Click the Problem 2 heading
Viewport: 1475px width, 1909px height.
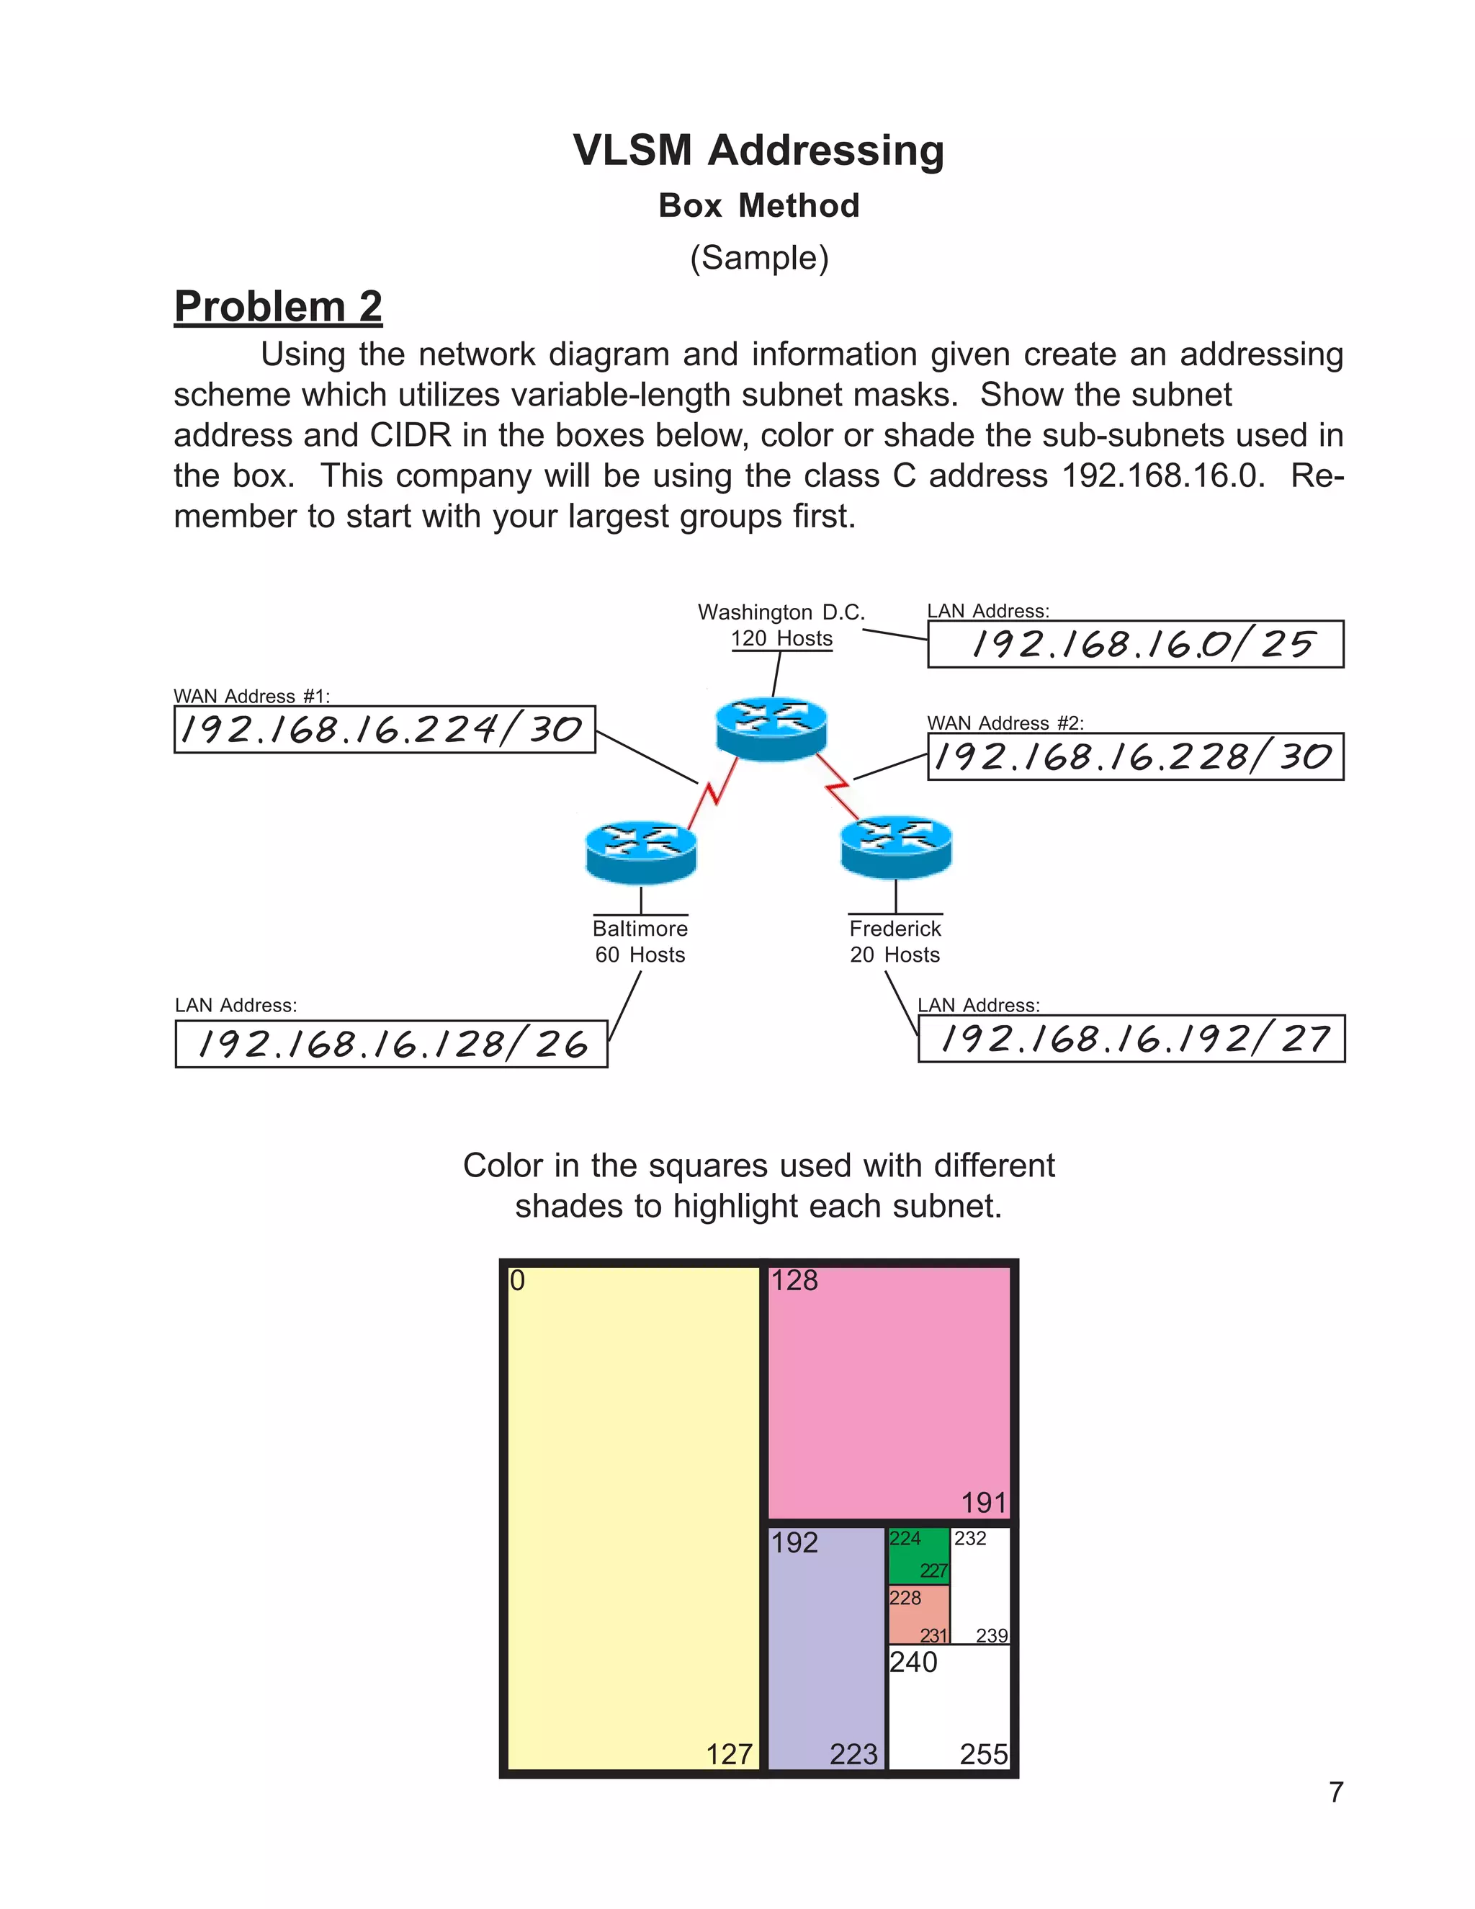pyautogui.click(x=278, y=307)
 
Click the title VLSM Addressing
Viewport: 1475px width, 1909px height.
pyautogui.click(x=758, y=151)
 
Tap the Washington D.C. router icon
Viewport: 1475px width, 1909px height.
pyautogui.click(x=771, y=728)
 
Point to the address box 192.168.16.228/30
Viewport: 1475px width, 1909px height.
pyautogui.click(x=1135, y=756)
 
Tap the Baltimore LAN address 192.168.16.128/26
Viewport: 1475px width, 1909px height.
pyautogui.click(x=392, y=1044)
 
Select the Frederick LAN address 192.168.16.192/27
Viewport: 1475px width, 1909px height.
pyautogui.click(x=1131, y=1038)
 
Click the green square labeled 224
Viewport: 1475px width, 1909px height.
pyautogui.click(x=918, y=1555)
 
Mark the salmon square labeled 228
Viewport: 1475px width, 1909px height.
pyautogui.click(x=918, y=1614)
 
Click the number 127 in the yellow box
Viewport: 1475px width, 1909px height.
pyautogui.click(x=729, y=1754)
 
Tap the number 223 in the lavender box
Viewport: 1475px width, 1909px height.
pyautogui.click(x=853, y=1754)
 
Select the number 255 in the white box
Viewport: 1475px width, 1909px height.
pyautogui.click(x=983, y=1754)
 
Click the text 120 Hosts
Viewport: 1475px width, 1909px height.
pyautogui.click(x=781, y=639)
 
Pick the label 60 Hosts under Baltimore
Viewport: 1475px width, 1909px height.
pyautogui.click(x=640, y=954)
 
